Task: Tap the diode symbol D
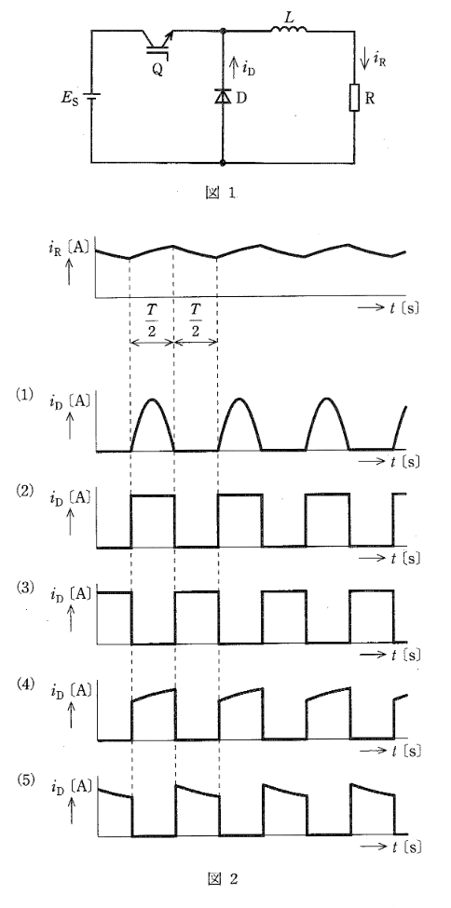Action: [223, 97]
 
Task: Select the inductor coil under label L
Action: [289, 30]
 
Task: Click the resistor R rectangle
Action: [354, 97]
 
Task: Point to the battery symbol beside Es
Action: [91, 97]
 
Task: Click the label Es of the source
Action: [70, 97]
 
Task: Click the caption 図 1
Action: [221, 194]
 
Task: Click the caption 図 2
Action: [222, 879]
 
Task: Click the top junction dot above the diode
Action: [224, 32]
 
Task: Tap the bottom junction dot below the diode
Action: [224, 163]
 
